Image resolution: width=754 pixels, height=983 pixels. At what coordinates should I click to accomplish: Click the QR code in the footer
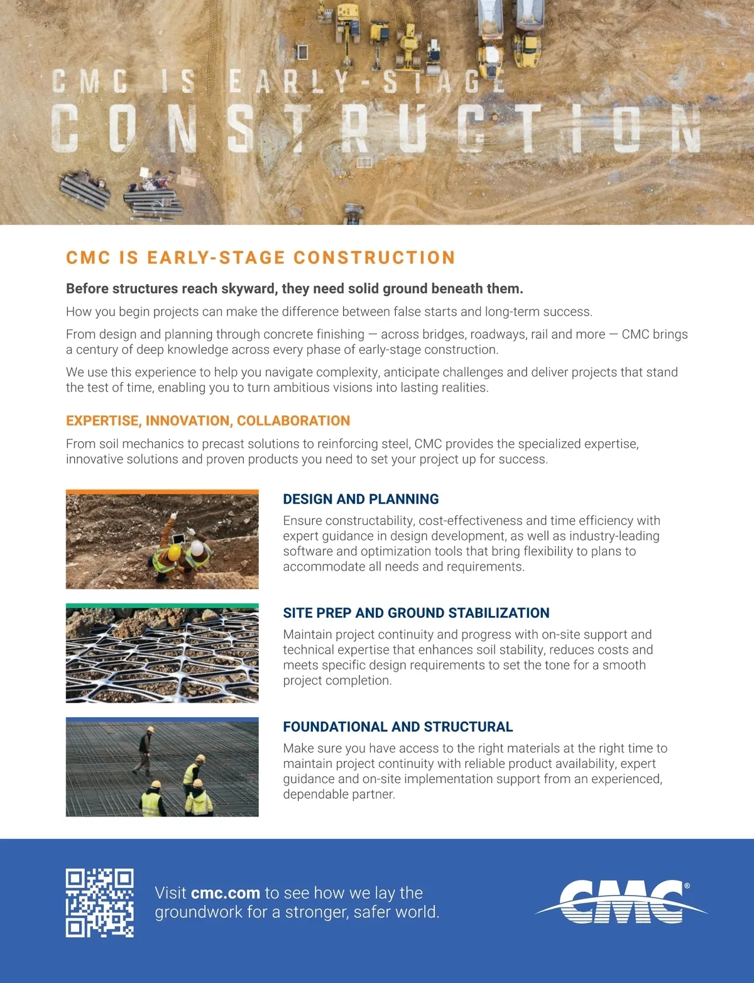point(99,903)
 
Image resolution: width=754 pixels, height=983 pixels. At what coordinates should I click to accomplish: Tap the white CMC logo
point(621,903)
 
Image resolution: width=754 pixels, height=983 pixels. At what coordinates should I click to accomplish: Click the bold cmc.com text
point(225,893)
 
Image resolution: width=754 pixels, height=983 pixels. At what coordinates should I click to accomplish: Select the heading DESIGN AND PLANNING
point(361,499)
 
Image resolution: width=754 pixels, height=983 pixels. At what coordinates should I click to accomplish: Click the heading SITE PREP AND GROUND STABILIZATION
point(416,613)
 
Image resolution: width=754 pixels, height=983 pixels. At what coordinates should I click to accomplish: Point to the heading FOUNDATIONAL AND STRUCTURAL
point(398,727)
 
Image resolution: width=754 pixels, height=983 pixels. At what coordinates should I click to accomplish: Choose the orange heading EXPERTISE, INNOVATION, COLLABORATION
point(208,420)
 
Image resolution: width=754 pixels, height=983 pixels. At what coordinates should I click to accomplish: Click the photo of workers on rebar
point(162,769)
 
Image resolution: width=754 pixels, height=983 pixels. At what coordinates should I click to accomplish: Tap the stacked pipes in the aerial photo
point(85,190)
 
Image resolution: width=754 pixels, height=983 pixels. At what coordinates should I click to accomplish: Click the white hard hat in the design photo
point(198,549)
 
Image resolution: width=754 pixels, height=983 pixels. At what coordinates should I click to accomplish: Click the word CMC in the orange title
point(88,258)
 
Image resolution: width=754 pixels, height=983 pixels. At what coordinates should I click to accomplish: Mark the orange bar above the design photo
point(162,492)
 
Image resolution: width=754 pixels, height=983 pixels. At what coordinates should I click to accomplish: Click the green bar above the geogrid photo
point(162,606)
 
